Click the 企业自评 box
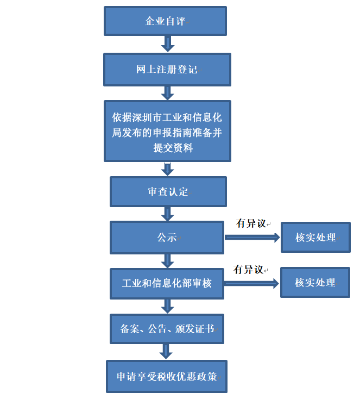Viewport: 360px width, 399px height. click(x=165, y=21)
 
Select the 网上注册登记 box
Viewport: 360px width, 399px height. click(x=167, y=70)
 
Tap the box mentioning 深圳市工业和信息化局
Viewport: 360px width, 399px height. click(x=167, y=131)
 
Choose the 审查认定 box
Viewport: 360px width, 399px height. click(x=168, y=191)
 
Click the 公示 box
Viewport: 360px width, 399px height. click(x=167, y=238)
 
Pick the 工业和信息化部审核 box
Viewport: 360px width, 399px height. click(x=167, y=283)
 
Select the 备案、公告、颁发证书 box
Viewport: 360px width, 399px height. click(x=167, y=329)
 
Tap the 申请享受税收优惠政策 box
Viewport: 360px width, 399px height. click(x=167, y=376)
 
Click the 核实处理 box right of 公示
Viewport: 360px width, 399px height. click(x=315, y=237)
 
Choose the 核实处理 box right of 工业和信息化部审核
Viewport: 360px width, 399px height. click(x=315, y=282)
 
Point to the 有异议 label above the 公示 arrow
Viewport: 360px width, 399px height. click(x=251, y=223)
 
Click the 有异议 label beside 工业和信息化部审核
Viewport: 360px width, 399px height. click(x=248, y=270)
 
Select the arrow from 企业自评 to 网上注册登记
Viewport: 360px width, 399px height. click(x=168, y=44)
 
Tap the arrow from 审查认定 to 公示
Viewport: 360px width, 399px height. click(x=168, y=214)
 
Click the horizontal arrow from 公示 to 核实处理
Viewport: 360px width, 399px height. click(x=252, y=238)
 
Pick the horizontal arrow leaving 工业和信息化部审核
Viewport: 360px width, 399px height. click(x=251, y=283)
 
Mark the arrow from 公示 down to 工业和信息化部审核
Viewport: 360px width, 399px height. click(x=168, y=261)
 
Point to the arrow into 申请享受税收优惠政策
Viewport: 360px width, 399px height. click(x=166, y=352)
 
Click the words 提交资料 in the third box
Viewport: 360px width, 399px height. click(x=173, y=148)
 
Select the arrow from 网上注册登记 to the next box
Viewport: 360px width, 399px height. click(x=168, y=93)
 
